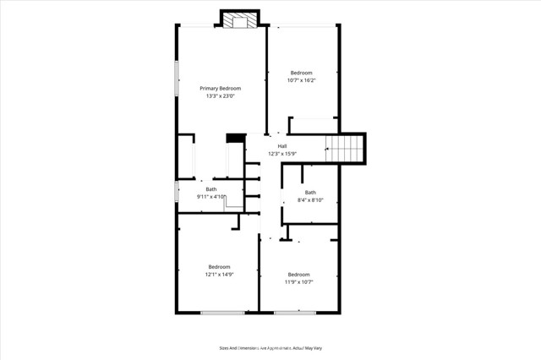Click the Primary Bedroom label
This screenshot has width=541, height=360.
tap(220, 89)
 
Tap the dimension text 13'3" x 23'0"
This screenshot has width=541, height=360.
tap(220, 96)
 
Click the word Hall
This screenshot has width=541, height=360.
tap(281, 146)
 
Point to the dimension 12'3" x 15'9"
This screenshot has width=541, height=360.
tap(282, 154)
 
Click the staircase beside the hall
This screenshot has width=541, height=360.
tap(344, 150)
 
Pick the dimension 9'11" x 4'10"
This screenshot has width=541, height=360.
tap(211, 197)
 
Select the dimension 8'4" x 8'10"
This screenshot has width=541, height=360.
tap(310, 200)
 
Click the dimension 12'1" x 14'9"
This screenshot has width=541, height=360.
tap(219, 274)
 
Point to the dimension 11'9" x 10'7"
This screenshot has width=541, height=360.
tap(298, 281)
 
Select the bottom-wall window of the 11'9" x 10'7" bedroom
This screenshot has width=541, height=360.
tap(295, 313)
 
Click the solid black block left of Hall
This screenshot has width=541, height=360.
tap(235, 138)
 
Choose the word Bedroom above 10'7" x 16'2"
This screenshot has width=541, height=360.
tap(302, 74)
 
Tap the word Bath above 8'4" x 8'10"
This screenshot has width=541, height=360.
tap(310, 193)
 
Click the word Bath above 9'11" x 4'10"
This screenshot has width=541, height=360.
tap(211, 189)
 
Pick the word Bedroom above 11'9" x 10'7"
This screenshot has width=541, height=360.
tap(298, 274)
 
